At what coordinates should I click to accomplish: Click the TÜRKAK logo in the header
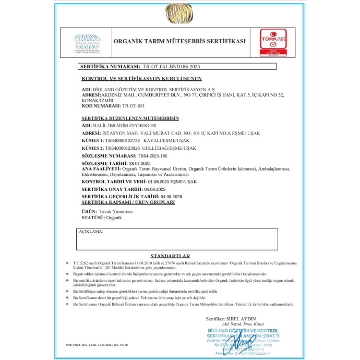coord(274,41)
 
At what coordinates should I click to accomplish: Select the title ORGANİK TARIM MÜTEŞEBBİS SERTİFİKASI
coord(179,41)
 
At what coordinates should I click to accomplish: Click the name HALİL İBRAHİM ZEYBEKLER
coord(116,126)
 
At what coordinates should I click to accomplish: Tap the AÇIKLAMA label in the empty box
coord(91,231)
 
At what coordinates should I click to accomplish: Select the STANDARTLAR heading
coord(170,256)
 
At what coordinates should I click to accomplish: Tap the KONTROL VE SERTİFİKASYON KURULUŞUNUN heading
coord(141,79)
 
